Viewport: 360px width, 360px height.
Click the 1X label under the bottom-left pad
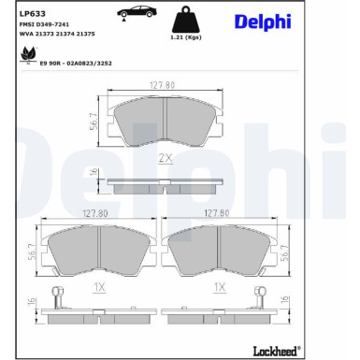coord(98,288)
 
